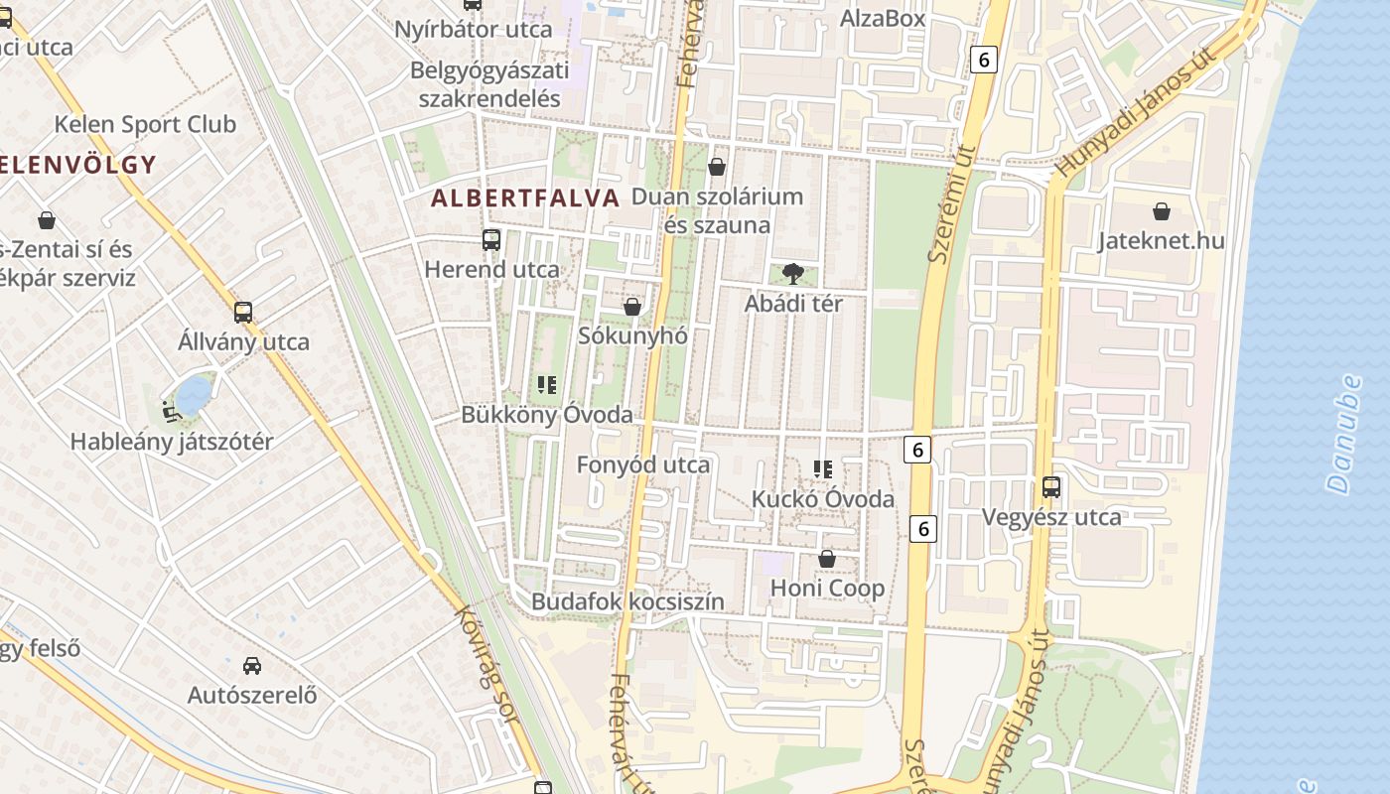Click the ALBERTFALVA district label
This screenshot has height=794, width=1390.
[525, 198]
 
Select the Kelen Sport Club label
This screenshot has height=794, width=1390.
[145, 124]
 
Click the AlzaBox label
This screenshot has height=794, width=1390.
[882, 18]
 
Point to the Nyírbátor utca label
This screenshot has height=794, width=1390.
[473, 29]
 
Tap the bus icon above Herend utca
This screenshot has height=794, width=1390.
[490, 239]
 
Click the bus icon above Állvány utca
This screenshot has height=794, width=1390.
[243, 313]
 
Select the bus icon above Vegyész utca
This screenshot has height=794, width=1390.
[1050, 487]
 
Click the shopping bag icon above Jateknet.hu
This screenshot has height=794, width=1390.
[1161, 211]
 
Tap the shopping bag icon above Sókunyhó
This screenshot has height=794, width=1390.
[631, 307]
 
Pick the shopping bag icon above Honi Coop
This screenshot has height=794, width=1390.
[826, 560]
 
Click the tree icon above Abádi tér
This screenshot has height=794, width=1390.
[792, 273]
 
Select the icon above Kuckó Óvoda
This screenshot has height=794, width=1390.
[822, 469]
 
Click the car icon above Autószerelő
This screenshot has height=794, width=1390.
[252, 665]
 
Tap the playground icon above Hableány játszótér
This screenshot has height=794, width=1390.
[171, 409]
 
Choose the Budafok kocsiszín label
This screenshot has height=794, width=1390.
[627, 601]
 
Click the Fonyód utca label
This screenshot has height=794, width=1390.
[643, 464]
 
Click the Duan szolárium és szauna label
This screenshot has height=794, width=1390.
[717, 210]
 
